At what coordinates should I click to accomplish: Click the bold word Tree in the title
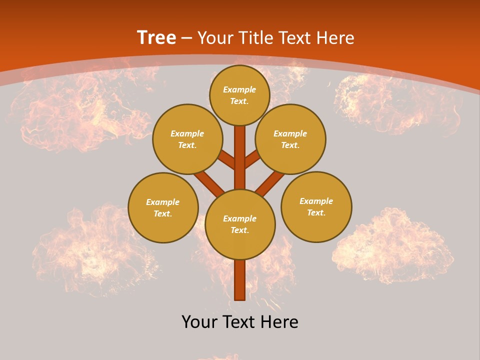156,37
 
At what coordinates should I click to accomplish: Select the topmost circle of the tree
239,95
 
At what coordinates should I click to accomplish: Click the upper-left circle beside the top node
187,139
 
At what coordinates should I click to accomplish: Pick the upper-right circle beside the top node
290,139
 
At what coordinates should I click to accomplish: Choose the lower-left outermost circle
163,207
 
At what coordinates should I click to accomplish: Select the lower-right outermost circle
316,206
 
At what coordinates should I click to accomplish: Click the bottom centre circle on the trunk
240,224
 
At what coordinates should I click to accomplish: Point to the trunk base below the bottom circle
239,280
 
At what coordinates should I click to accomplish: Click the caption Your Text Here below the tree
240,321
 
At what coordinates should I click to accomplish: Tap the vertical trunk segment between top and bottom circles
240,157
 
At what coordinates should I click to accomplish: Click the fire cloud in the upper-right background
395,102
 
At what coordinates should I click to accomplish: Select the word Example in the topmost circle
239,89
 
